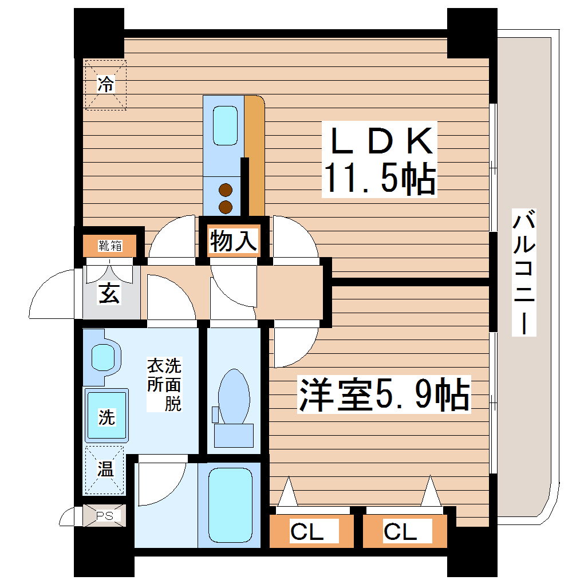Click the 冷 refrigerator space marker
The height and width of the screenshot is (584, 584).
105,84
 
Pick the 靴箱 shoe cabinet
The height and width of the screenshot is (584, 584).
110,246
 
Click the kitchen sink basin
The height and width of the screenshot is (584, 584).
225,126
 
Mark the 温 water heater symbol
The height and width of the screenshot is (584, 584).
105,469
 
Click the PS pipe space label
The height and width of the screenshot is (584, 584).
104,515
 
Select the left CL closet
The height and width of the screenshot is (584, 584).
307,531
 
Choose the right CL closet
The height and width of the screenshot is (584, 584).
400,531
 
